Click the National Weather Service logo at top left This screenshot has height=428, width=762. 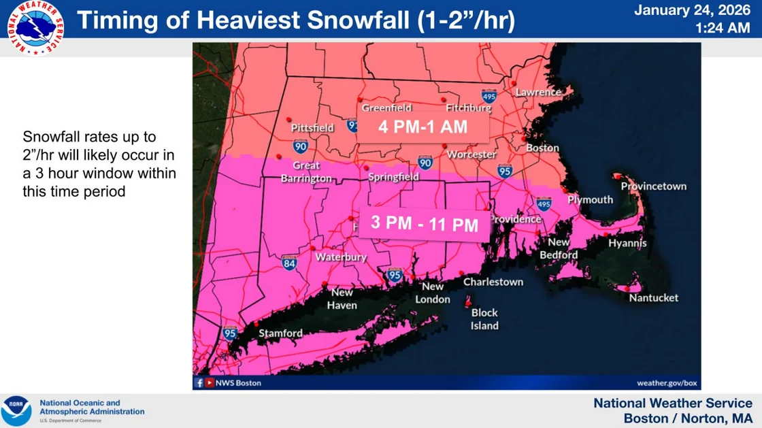point(35,28)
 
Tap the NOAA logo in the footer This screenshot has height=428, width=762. point(16,411)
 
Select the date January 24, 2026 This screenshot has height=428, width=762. point(692,10)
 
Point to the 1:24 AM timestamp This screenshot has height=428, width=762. point(723,29)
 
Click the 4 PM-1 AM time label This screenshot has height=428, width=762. point(423,127)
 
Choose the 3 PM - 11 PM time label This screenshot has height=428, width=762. point(425,224)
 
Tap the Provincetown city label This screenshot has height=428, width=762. point(654,186)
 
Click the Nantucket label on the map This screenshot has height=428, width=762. point(653,298)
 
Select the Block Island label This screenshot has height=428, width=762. point(484,319)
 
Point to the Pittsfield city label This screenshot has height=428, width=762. point(312,128)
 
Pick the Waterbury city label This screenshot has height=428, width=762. point(341,257)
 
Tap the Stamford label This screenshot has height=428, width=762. point(280,333)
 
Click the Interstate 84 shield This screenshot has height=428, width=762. point(289,263)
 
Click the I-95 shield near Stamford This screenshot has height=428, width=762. point(230,333)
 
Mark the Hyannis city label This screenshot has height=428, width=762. point(627,243)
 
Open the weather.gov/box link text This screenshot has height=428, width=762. point(667,383)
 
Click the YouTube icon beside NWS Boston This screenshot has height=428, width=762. point(210,383)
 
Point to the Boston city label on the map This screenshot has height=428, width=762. point(542,148)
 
